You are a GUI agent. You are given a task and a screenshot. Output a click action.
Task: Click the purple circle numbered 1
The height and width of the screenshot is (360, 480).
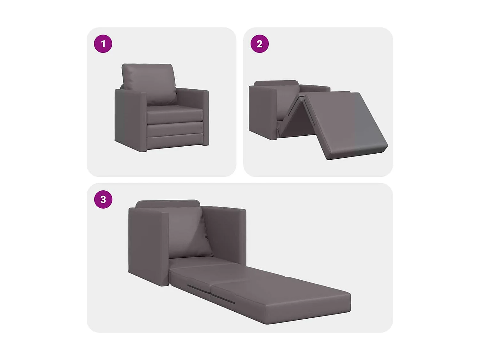103,44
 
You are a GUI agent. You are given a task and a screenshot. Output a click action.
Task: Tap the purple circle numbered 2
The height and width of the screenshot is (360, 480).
260,44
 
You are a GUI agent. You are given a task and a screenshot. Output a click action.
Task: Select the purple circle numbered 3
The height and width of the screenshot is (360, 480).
103,199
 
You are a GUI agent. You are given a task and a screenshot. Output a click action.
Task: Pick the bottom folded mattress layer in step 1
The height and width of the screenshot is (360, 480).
175,142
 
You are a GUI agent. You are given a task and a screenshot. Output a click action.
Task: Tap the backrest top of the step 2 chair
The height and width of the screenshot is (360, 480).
276,83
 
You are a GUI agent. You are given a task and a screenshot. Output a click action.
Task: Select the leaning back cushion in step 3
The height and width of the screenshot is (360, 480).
189,232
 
